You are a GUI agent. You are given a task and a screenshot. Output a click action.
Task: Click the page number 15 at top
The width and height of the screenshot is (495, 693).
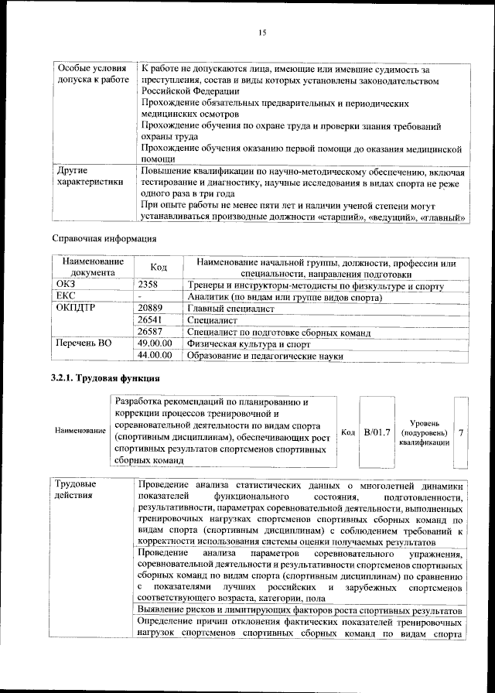point(262,32)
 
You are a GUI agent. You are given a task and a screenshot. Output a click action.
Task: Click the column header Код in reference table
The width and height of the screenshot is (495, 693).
point(159,268)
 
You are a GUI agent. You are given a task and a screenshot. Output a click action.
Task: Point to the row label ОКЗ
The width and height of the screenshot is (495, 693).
point(67,285)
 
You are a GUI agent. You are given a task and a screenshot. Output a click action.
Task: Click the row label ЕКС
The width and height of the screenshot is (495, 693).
point(67,297)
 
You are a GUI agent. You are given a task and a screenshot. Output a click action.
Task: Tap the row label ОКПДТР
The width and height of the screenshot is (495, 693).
point(75,309)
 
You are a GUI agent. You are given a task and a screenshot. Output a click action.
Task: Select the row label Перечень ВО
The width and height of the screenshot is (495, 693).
point(84,343)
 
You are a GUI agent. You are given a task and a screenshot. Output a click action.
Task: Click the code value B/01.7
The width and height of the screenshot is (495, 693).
point(377,431)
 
